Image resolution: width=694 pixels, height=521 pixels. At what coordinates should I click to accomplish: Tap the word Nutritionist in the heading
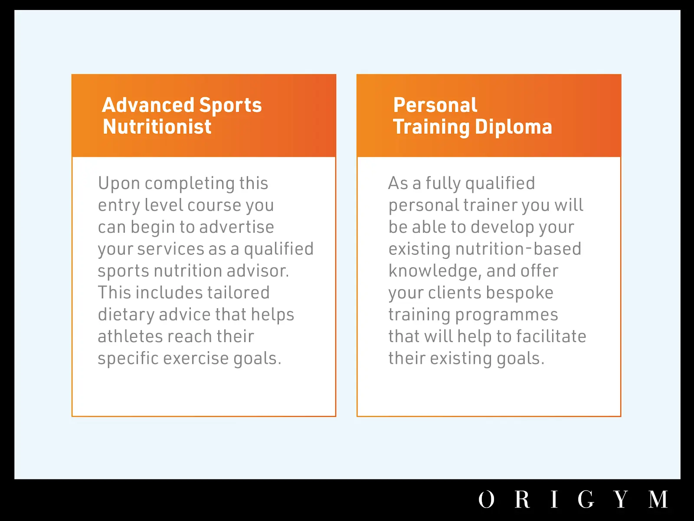coord(157,127)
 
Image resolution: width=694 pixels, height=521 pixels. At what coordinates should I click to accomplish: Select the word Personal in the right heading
coord(435,105)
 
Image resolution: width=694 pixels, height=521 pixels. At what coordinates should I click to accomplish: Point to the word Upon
coord(119,184)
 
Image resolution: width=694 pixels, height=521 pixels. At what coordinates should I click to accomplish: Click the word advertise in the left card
coord(237,227)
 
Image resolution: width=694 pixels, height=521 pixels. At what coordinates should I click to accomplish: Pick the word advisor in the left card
coord(258,271)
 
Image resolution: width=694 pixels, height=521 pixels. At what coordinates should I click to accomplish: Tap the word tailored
coord(239,292)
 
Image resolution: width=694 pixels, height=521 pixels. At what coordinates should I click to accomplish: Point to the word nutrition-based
coord(518,249)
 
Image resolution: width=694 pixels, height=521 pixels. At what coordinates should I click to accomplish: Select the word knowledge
coord(435,271)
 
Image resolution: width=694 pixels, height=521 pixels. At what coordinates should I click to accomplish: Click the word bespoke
coord(520,293)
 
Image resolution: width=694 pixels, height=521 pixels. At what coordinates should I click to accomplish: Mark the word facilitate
coord(551,336)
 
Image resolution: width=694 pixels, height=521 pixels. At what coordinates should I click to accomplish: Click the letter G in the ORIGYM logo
coord(586,499)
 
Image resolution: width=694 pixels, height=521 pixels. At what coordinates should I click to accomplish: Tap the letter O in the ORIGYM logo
coord(486,499)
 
